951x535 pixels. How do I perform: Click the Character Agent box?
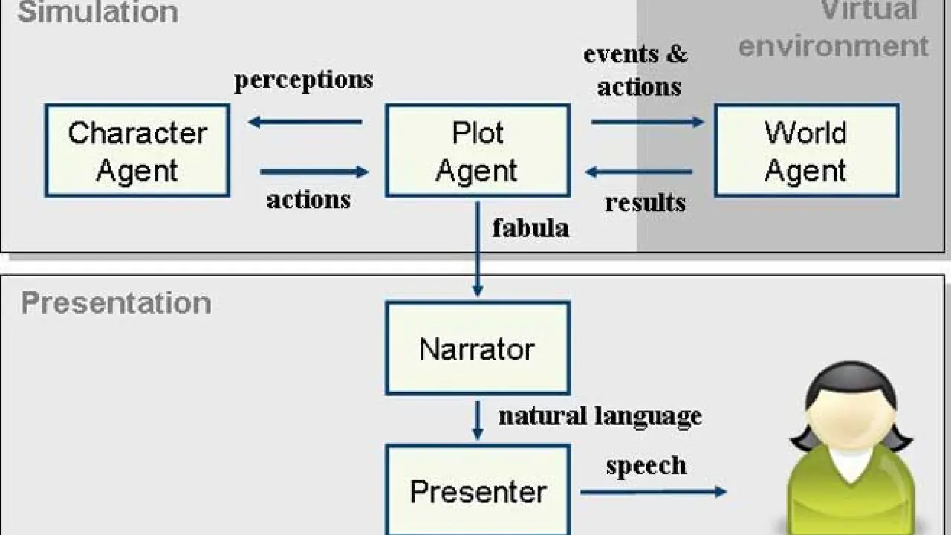tap(137, 151)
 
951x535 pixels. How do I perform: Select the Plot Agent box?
tap(477, 151)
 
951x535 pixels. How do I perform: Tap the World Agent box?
tap(806, 151)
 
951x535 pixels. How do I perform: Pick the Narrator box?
tap(477, 348)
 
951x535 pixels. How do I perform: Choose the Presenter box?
tap(477, 490)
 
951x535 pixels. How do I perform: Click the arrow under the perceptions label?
tap(305, 122)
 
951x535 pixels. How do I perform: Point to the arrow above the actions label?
tap(314, 172)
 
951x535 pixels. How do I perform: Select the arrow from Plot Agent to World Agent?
tap(647, 122)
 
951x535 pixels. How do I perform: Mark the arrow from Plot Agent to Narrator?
tap(478, 249)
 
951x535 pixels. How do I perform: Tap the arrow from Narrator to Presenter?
tap(478, 419)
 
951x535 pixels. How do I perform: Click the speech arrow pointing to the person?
tap(652, 491)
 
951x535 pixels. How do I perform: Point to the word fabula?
tap(530, 227)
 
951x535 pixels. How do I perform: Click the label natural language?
tap(600, 415)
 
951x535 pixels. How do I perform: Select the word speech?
tap(646, 466)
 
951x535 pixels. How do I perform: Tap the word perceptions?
tap(303, 80)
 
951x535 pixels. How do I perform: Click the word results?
tap(645, 202)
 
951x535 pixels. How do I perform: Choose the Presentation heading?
tap(116, 303)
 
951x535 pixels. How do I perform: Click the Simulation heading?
tap(97, 12)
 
